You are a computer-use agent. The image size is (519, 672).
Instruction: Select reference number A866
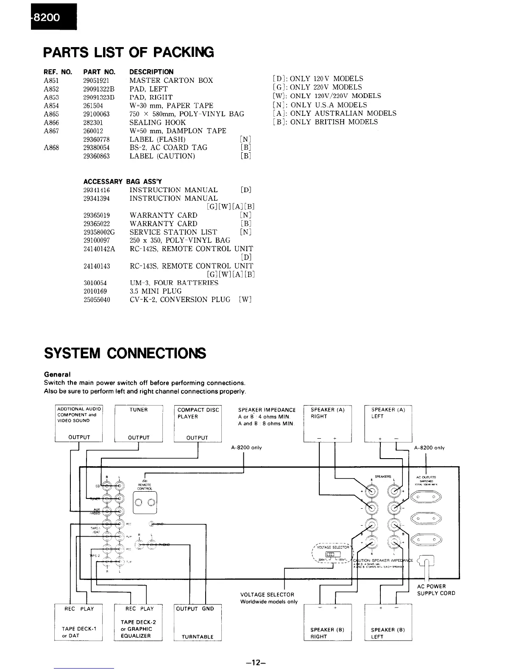pos(51,123)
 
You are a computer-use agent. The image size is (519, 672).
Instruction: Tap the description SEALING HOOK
pos(157,123)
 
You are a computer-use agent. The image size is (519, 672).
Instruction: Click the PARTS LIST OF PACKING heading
pos(129,52)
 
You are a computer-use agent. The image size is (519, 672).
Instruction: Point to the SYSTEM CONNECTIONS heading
pos(125,353)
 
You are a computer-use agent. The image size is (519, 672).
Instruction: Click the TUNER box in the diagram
pos(139,423)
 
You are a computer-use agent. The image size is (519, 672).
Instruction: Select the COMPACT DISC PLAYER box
pos(198,423)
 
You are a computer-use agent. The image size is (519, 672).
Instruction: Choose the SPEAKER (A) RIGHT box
pos(328,423)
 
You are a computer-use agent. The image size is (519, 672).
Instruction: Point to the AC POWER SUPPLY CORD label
pos(436,590)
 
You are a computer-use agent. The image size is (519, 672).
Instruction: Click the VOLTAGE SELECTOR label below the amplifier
pos(267,595)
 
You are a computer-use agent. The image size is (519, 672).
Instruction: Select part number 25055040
pos(97,300)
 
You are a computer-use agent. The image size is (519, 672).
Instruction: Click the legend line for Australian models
pos(335,113)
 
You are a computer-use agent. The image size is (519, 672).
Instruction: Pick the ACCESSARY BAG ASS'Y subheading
pos(123,182)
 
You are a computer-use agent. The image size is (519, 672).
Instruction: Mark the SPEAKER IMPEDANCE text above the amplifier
pos(267,410)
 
